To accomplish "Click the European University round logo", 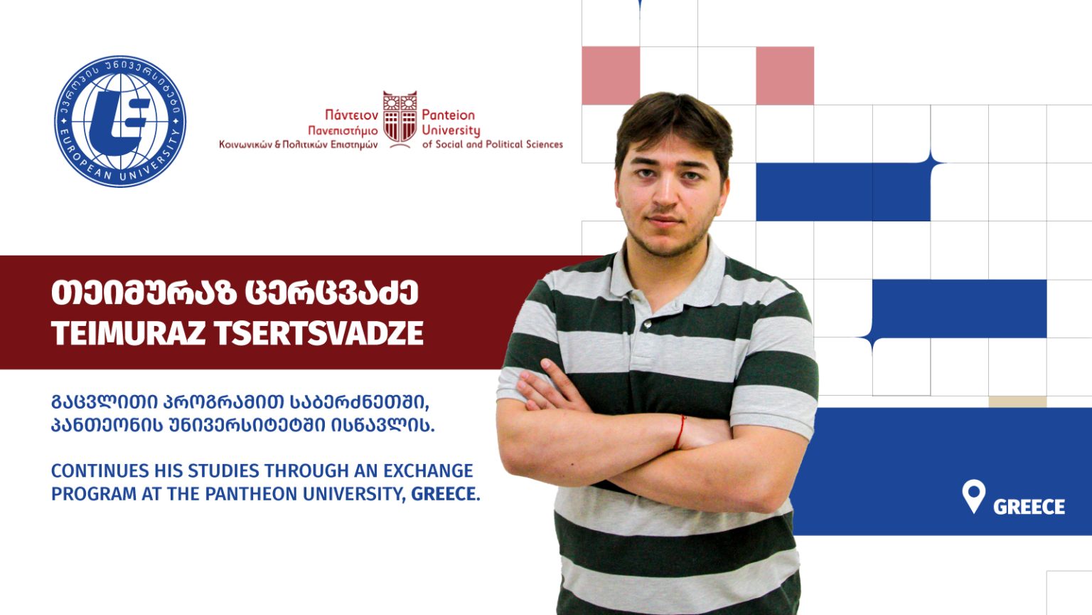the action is click(x=120, y=122).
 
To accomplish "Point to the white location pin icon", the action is click(x=973, y=495).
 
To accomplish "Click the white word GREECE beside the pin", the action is click(x=1029, y=507).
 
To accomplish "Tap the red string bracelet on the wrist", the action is click(x=679, y=432).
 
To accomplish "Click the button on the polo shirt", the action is click(x=647, y=324).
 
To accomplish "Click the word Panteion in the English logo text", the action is click(x=448, y=115).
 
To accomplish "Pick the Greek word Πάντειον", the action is click(x=351, y=115).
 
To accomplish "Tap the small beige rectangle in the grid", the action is click(x=1017, y=401).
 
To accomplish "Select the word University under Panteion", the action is click(x=451, y=131).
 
